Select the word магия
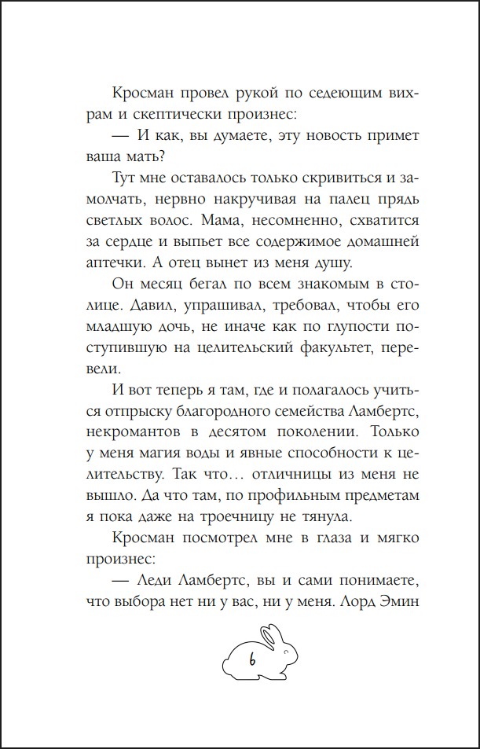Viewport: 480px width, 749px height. (143, 453)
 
